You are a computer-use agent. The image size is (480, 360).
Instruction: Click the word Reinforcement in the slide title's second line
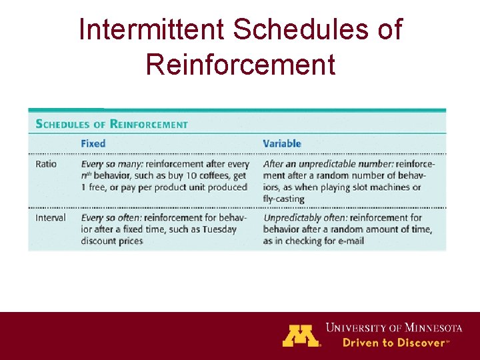(240, 65)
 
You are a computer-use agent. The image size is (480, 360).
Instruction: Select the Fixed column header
(93, 143)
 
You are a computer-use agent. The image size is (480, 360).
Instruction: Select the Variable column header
(282, 143)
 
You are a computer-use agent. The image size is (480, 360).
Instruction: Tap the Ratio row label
(46, 164)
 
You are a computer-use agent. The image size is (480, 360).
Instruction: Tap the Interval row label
(50, 217)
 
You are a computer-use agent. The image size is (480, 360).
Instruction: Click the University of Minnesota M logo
(301, 335)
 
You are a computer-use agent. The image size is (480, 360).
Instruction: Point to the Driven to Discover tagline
(393, 343)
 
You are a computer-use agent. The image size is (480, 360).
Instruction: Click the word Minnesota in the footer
(431, 328)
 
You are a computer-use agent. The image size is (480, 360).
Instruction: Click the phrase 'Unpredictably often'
(305, 217)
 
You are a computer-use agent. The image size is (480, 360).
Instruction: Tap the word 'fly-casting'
(283, 199)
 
